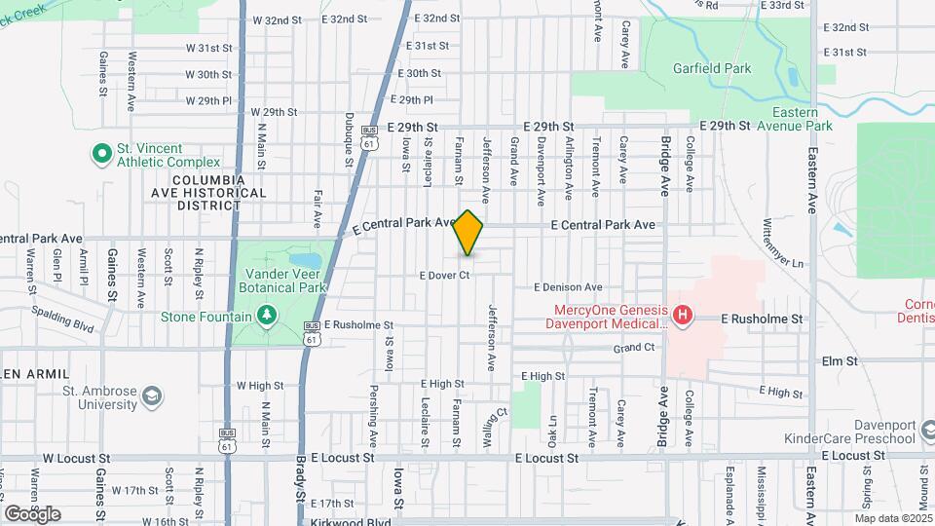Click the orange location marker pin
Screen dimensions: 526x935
click(x=468, y=234)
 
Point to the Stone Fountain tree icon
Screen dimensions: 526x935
click(x=266, y=316)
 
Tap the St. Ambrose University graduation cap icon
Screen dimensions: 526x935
click(x=151, y=396)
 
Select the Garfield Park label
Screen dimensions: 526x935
click(x=712, y=68)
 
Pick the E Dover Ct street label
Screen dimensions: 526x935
click(x=445, y=275)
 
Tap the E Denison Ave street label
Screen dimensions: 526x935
click(x=568, y=287)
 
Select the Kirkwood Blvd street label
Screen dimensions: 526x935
click(x=344, y=522)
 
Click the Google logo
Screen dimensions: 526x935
click(x=33, y=513)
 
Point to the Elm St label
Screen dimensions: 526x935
click(x=838, y=360)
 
